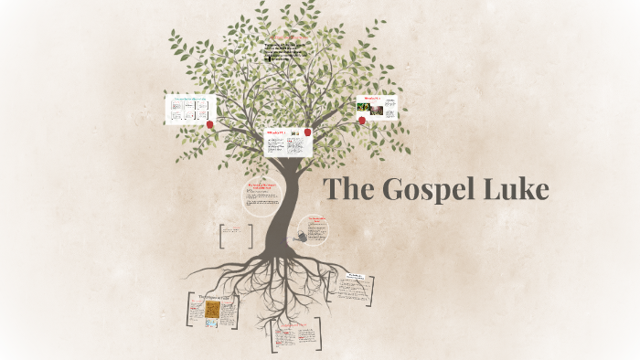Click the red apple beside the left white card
(x=210, y=123)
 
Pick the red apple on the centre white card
(x=307, y=132)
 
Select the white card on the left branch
(x=190, y=109)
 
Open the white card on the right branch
(x=377, y=106)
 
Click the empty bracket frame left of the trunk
(x=237, y=236)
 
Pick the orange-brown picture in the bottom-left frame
(x=212, y=312)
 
